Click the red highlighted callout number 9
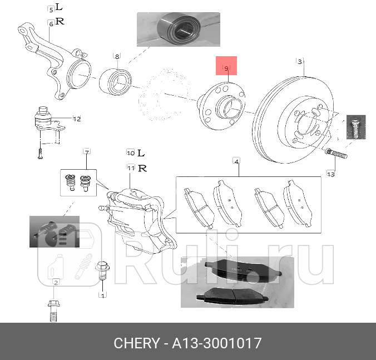(226, 67)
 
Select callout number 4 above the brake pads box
(236, 161)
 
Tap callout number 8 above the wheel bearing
(117, 56)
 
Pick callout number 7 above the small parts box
(87, 152)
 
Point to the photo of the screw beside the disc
(354, 128)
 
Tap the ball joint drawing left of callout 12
(44, 120)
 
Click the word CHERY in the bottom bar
(136, 343)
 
